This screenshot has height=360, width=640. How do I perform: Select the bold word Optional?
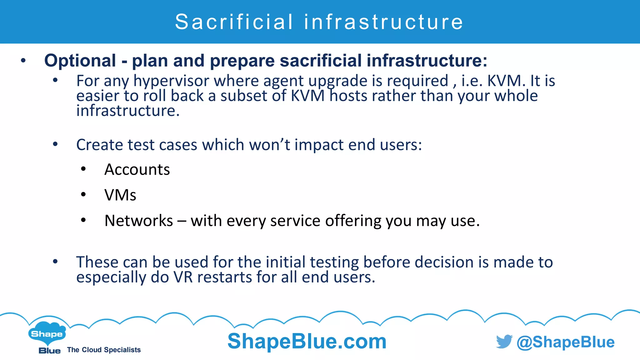click(80, 60)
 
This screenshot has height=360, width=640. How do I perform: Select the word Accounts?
click(137, 170)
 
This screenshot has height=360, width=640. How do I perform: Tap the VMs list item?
click(120, 195)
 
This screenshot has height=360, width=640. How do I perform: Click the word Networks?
click(138, 221)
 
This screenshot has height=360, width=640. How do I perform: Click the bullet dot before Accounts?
click(83, 169)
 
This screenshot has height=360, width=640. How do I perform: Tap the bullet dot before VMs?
click(83, 195)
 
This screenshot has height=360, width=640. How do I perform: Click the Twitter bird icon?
click(504, 342)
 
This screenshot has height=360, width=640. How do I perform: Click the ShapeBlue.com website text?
click(307, 341)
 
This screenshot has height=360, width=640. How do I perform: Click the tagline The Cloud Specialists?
click(104, 350)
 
